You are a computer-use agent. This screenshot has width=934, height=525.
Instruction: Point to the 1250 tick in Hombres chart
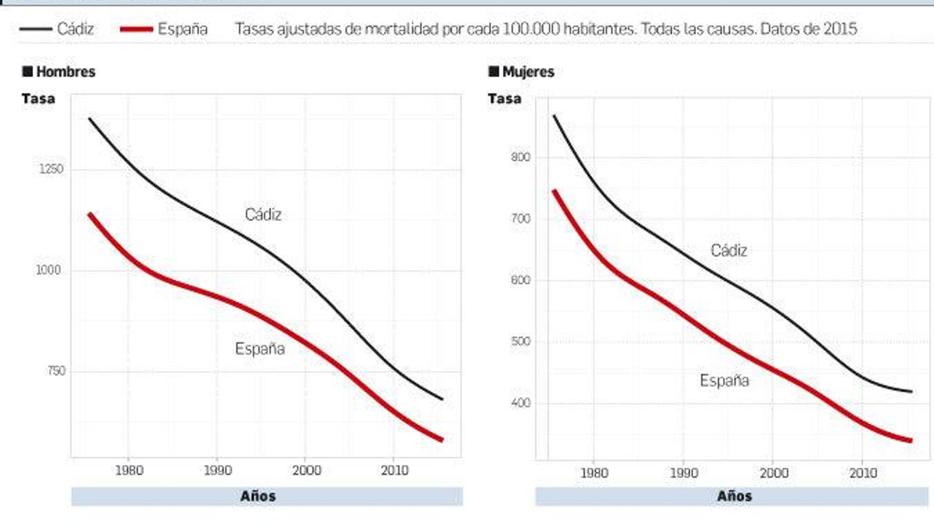point(51,169)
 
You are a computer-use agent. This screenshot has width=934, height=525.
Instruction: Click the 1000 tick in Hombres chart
point(48,271)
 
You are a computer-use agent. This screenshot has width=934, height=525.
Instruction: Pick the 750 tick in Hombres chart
point(55,371)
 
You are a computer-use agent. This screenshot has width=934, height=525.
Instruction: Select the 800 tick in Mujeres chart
point(520,157)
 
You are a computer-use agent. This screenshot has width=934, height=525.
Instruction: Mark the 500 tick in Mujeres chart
point(520,341)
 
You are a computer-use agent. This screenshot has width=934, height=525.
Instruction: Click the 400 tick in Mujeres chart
point(520,403)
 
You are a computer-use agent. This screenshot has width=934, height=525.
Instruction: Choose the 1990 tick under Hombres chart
point(217,470)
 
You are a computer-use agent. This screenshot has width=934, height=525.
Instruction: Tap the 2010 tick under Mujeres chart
point(863,473)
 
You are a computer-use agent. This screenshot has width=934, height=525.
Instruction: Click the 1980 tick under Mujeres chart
point(594,473)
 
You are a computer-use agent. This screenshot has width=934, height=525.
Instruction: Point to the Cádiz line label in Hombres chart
point(263,215)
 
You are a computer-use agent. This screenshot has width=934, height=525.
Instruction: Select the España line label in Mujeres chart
point(724,380)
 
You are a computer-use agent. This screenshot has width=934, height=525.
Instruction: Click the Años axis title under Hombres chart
point(257,496)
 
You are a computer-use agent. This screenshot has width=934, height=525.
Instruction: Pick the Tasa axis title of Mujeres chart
point(504,99)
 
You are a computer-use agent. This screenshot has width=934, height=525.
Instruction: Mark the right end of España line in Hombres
point(441,440)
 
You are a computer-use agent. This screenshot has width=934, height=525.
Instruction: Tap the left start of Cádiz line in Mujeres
point(554,116)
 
